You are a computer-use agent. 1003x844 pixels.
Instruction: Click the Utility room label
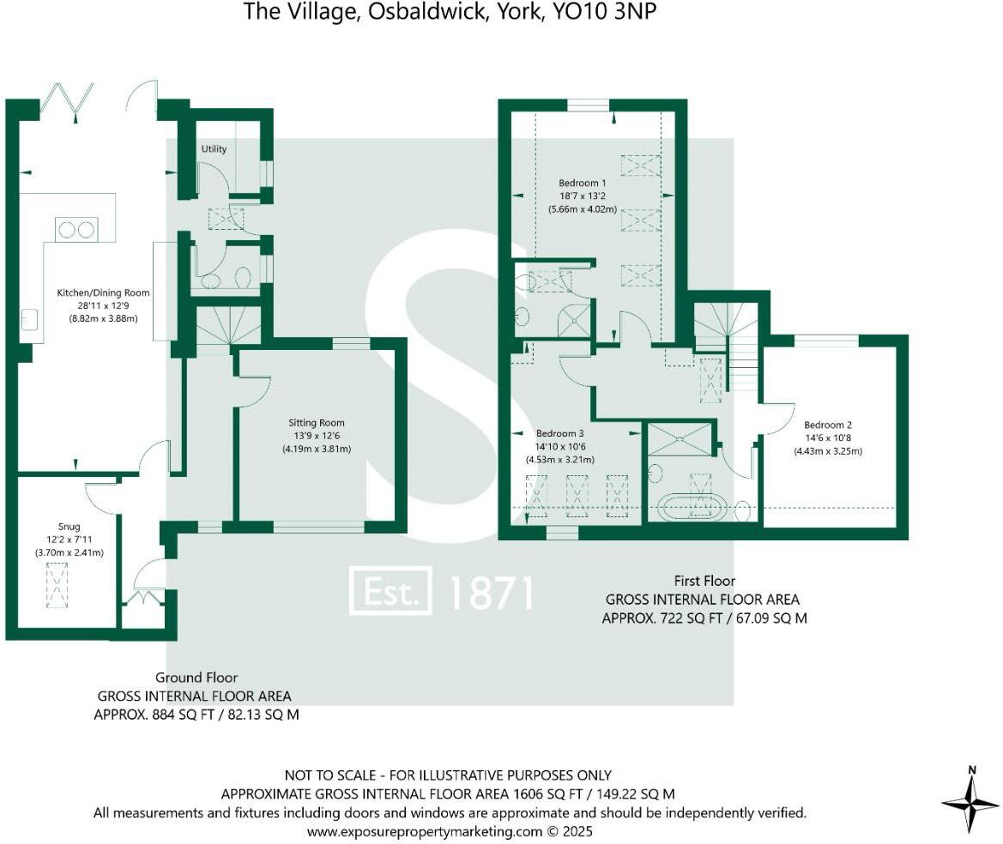pyautogui.click(x=214, y=149)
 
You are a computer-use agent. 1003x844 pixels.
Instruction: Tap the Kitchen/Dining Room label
pyautogui.click(x=103, y=293)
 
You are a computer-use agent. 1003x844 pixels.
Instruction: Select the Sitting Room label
pyautogui.click(x=317, y=423)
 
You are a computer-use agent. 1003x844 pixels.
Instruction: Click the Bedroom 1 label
pyautogui.click(x=583, y=183)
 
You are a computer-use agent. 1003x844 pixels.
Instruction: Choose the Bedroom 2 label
pyautogui.click(x=827, y=425)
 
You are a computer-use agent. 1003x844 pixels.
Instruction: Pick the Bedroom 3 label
pyautogui.click(x=559, y=433)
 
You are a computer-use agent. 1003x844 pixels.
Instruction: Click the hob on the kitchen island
pyautogui.click(x=76, y=229)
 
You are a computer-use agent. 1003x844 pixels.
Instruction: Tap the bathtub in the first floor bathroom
pyautogui.click(x=695, y=507)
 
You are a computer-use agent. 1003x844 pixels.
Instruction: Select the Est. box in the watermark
pyautogui.click(x=390, y=592)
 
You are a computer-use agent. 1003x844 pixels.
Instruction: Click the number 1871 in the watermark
pyautogui.click(x=492, y=593)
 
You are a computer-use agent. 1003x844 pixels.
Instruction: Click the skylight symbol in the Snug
pyautogui.click(x=57, y=585)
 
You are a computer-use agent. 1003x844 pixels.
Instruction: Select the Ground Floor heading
pyautogui.click(x=196, y=678)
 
